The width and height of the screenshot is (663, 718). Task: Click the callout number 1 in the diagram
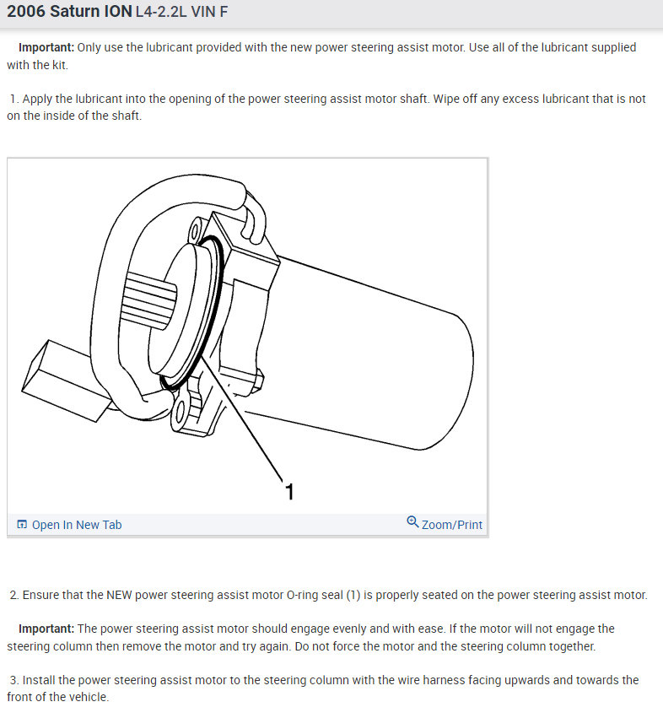click(289, 491)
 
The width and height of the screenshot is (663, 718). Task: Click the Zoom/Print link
click(452, 525)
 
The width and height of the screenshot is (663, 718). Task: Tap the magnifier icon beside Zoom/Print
click(412, 522)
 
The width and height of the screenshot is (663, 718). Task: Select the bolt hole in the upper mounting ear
click(197, 229)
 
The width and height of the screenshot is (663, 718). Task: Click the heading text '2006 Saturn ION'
click(69, 13)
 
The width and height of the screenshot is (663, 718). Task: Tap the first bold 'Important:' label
click(46, 47)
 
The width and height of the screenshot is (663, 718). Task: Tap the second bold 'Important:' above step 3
click(46, 629)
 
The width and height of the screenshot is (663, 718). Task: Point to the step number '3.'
click(14, 680)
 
